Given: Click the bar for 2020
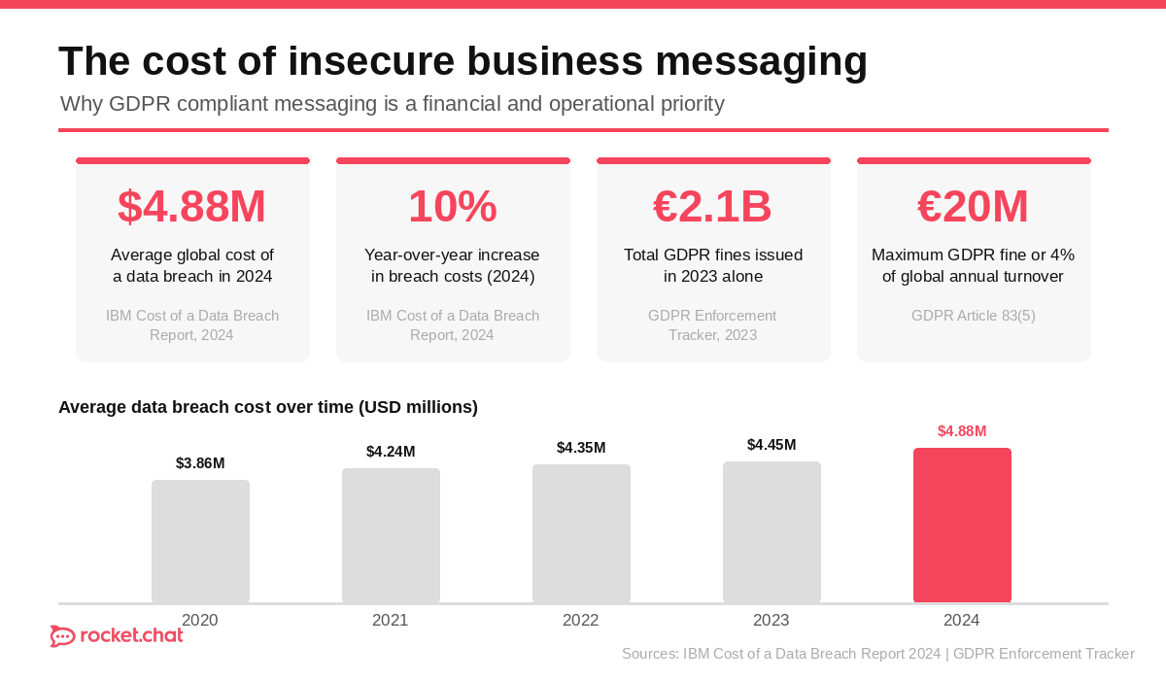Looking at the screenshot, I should (200, 541).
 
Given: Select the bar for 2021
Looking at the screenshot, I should (391, 535).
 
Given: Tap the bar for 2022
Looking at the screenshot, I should (581, 533).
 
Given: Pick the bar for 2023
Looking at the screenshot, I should (772, 531).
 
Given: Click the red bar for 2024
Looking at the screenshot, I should (962, 525).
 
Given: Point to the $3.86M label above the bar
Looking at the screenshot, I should (200, 463).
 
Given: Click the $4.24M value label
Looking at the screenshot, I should (391, 452).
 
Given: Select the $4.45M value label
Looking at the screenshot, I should (772, 445).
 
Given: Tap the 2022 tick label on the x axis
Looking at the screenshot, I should (581, 621).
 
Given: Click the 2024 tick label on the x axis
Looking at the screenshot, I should (962, 621).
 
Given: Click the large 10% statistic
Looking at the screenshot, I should (453, 206).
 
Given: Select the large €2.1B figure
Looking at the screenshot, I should (712, 206).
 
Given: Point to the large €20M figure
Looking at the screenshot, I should (973, 206).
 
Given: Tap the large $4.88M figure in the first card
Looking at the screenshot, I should (192, 206).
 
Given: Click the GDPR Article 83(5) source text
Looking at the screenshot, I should (973, 316).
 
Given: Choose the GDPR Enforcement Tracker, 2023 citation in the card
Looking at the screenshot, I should (712, 325).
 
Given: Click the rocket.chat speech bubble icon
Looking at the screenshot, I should (62, 636).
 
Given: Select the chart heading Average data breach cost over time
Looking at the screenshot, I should (268, 407).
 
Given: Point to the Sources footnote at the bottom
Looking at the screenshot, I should (877, 654).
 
